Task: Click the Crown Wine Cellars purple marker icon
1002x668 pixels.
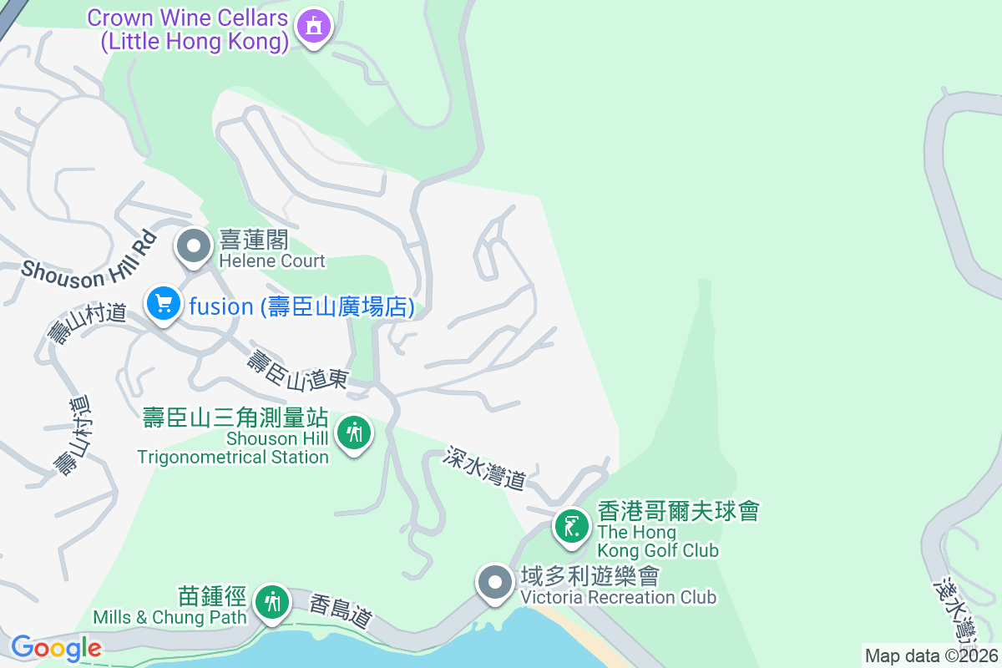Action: point(313,26)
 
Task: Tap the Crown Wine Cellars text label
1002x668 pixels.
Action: point(188,29)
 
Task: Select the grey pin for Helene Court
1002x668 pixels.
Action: point(195,247)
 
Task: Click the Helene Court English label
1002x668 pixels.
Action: point(272,261)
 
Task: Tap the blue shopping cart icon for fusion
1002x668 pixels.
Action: point(164,305)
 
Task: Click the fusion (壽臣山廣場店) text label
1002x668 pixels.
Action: point(301,307)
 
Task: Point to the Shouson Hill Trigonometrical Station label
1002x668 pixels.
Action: point(234,438)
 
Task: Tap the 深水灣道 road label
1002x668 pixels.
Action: point(485,468)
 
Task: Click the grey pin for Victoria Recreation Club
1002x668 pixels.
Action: point(494,581)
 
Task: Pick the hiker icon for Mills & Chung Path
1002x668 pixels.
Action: point(271,601)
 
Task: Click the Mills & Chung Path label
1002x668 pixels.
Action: point(170,617)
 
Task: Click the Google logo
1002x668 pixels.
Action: point(56,648)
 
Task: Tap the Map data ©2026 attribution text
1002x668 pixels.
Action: point(932,656)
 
